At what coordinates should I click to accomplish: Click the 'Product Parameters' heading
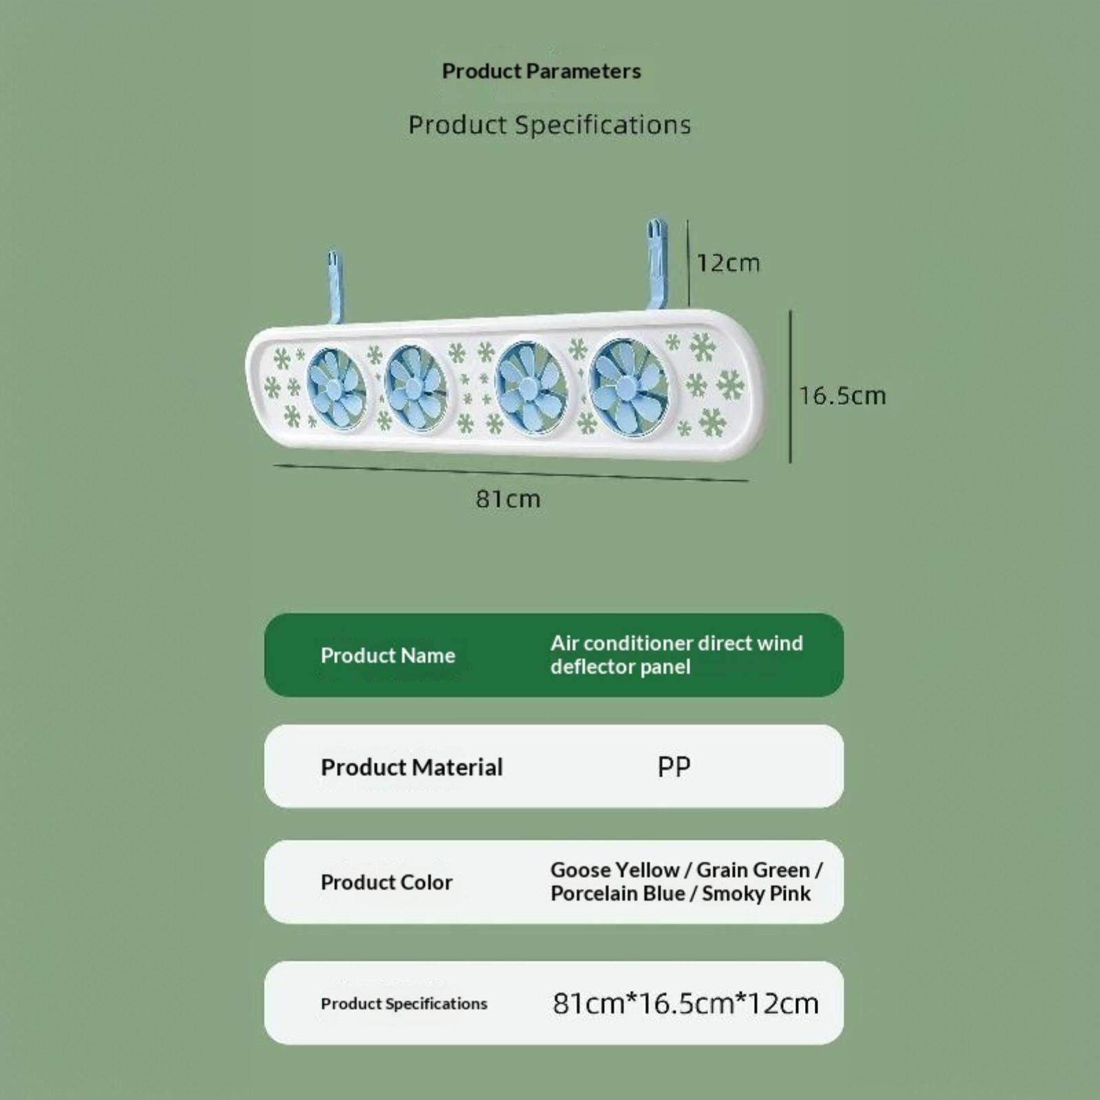point(541,71)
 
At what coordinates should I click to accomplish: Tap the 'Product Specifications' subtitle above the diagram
point(549,125)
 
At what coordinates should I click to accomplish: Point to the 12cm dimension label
point(729,263)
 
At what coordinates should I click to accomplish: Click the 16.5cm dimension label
point(842,395)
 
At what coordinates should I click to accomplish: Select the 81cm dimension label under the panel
point(508,499)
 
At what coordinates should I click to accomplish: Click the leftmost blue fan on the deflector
point(336,389)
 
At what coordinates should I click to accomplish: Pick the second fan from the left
point(415,388)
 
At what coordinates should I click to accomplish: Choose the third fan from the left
point(531,387)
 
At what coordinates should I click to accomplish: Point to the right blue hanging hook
point(657,264)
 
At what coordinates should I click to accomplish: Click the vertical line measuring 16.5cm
point(791,386)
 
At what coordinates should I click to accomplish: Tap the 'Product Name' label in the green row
point(388,656)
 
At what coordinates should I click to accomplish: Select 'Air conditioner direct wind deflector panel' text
point(676,655)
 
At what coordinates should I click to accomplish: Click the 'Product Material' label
point(412,767)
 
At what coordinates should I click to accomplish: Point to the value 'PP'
point(674,767)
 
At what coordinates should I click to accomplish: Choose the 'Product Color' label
point(386,883)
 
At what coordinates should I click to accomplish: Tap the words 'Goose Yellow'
point(615,870)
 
